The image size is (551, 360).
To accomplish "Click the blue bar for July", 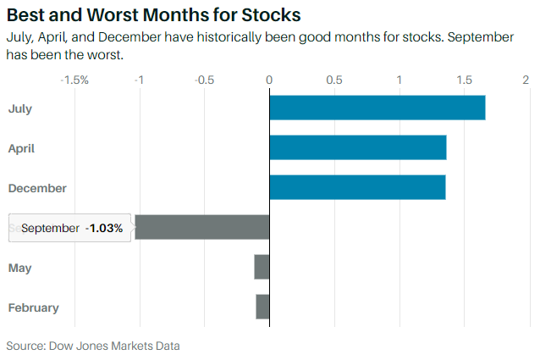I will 377,108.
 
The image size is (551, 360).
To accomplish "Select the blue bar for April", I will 357,148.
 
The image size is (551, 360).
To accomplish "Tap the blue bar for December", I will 357,188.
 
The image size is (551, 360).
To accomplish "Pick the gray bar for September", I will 201,228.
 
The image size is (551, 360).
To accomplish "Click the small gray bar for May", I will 262,268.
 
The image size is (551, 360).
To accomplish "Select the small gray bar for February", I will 262,307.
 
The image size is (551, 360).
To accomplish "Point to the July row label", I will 20,108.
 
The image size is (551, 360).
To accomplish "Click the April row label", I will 21,148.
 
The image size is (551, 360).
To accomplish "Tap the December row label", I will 37,188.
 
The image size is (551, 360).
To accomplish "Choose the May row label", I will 20,268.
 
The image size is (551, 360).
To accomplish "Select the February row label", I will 34,307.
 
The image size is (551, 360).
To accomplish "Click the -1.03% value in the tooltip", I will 104,229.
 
